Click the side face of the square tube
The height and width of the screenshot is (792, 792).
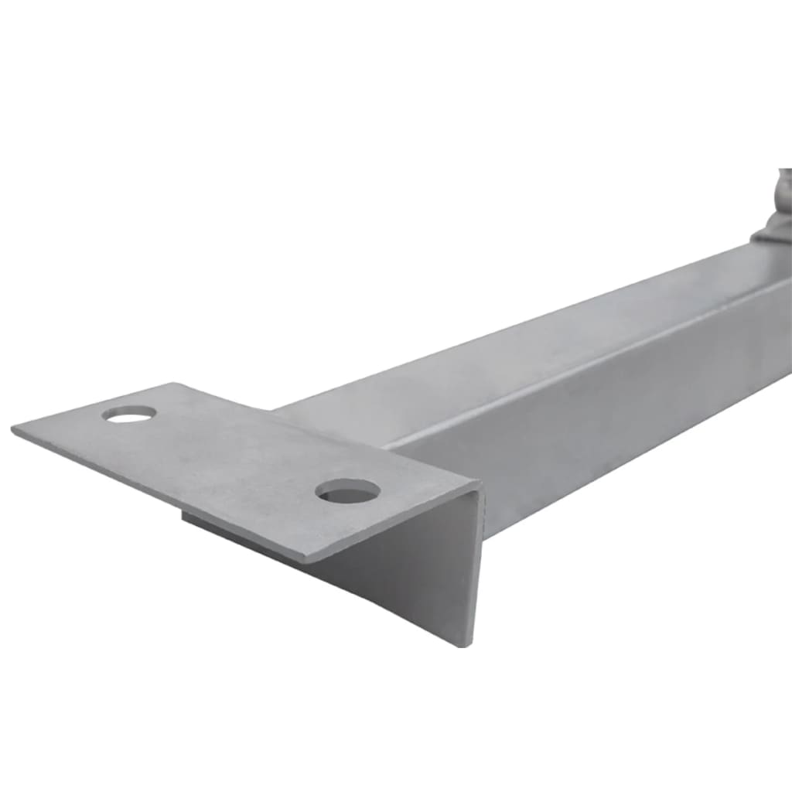[619, 402]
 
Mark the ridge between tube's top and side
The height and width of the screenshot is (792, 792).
[580, 364]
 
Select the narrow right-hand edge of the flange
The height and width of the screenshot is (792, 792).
[475, 572]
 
